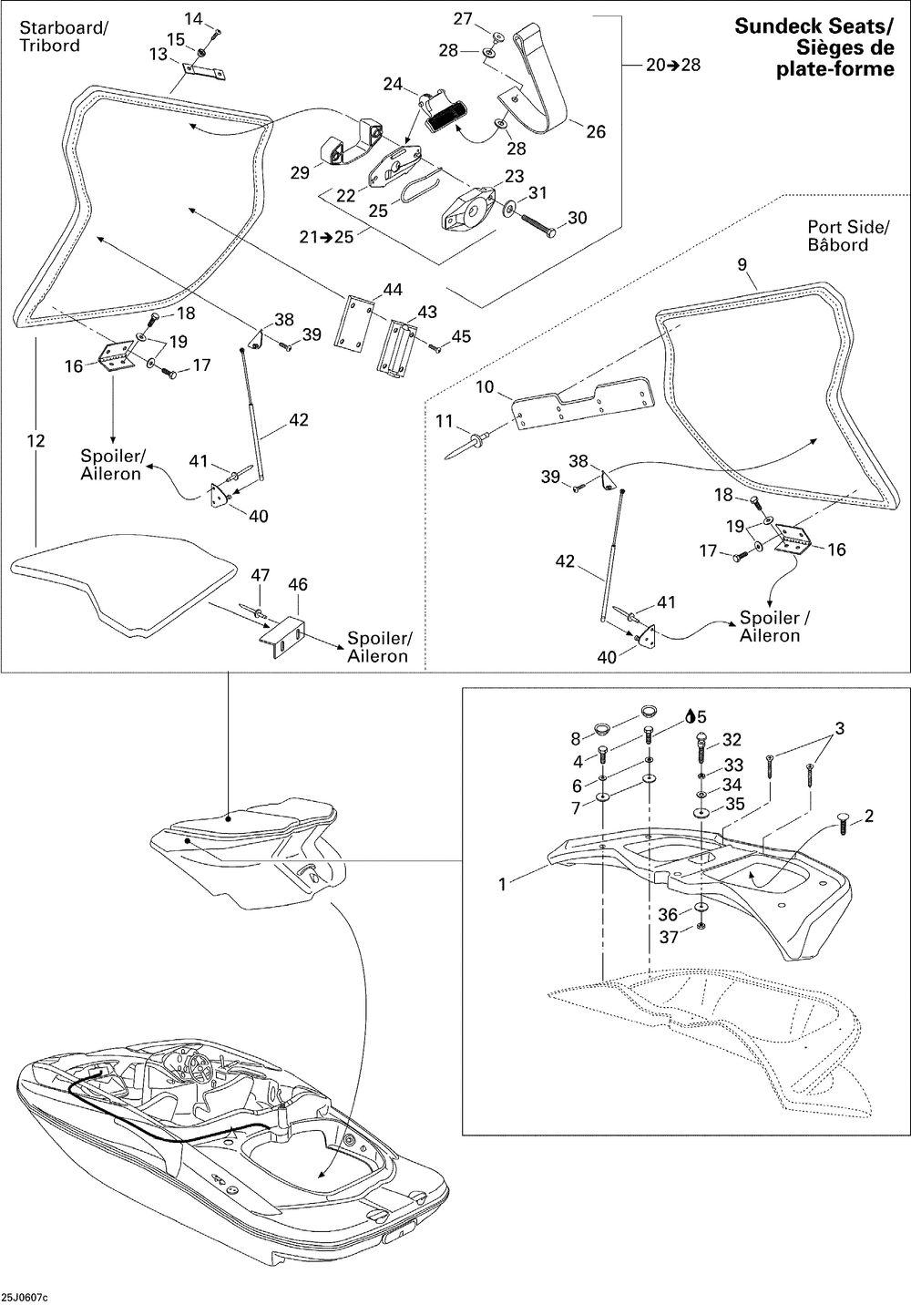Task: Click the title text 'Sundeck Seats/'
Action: coord(814,26)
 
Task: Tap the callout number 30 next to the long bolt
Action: coord(577,217)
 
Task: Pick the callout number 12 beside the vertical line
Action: coord(36,440)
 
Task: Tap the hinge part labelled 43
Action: coord(396,348)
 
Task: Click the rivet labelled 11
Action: coord(467,444)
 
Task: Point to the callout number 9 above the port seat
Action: coord(742,264)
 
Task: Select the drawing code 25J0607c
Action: coord(25,1297)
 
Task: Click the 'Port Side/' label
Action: coord(848,227)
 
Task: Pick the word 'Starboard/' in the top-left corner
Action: coord(64,27)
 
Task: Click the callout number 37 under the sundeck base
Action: coord(669,937)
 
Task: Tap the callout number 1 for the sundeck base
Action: coord(503,884)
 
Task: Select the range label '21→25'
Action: coord(326,237)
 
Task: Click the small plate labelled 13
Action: coord(204,70)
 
